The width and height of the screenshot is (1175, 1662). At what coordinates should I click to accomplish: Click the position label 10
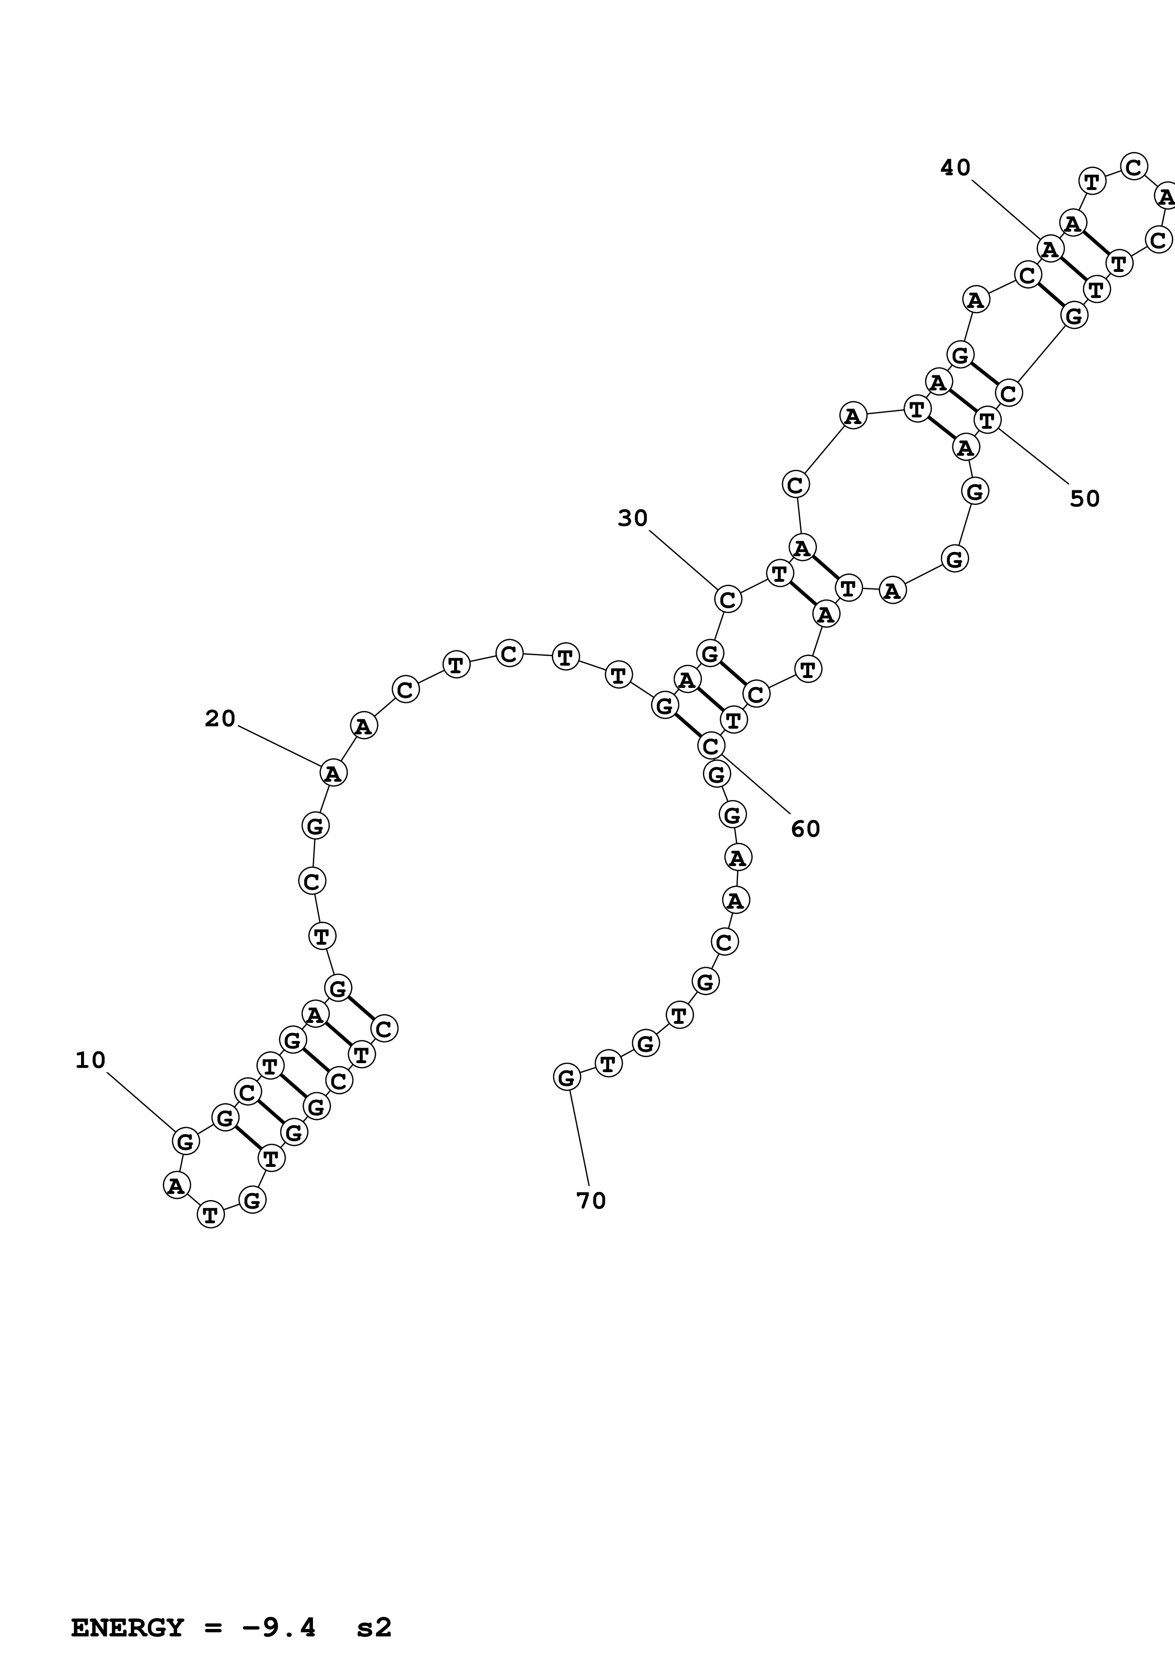pyautogui.click(x=91, y=1060)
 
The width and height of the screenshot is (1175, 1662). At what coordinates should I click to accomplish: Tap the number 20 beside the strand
pyautogui.click(x=220, y=719)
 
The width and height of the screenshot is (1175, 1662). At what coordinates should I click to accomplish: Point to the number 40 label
pyautogui.click(x=955, y=168)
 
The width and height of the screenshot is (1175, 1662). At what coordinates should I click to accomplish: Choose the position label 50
pyautogui.click(x=1084, y=499)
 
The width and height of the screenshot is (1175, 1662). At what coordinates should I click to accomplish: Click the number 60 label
pyautogui.click(x=805, y=829)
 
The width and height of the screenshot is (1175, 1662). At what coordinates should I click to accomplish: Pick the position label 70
pyautogui.click(x=591, y=1201)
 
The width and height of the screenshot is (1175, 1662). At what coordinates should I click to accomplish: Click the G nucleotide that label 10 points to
pyautogui.click(x=185, y=1141)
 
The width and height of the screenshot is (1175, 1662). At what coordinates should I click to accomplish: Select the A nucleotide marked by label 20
pyautogui.click(x=333, y=773)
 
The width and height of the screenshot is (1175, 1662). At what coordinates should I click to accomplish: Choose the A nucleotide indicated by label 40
pyautogui.click(x=1050, y=249)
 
